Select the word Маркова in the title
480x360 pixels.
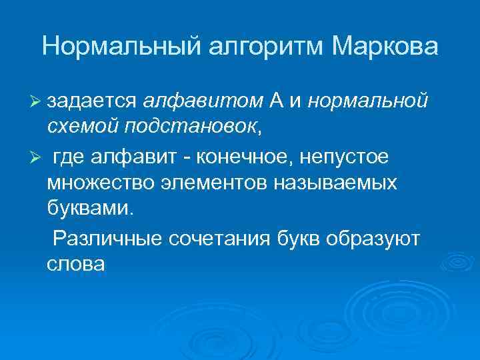click(x=384, y=47)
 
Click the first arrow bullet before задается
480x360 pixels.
click(x=37, y=101)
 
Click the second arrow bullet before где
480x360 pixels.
click(x=37, y=157)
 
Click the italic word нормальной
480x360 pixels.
click(x=368, y=101)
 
